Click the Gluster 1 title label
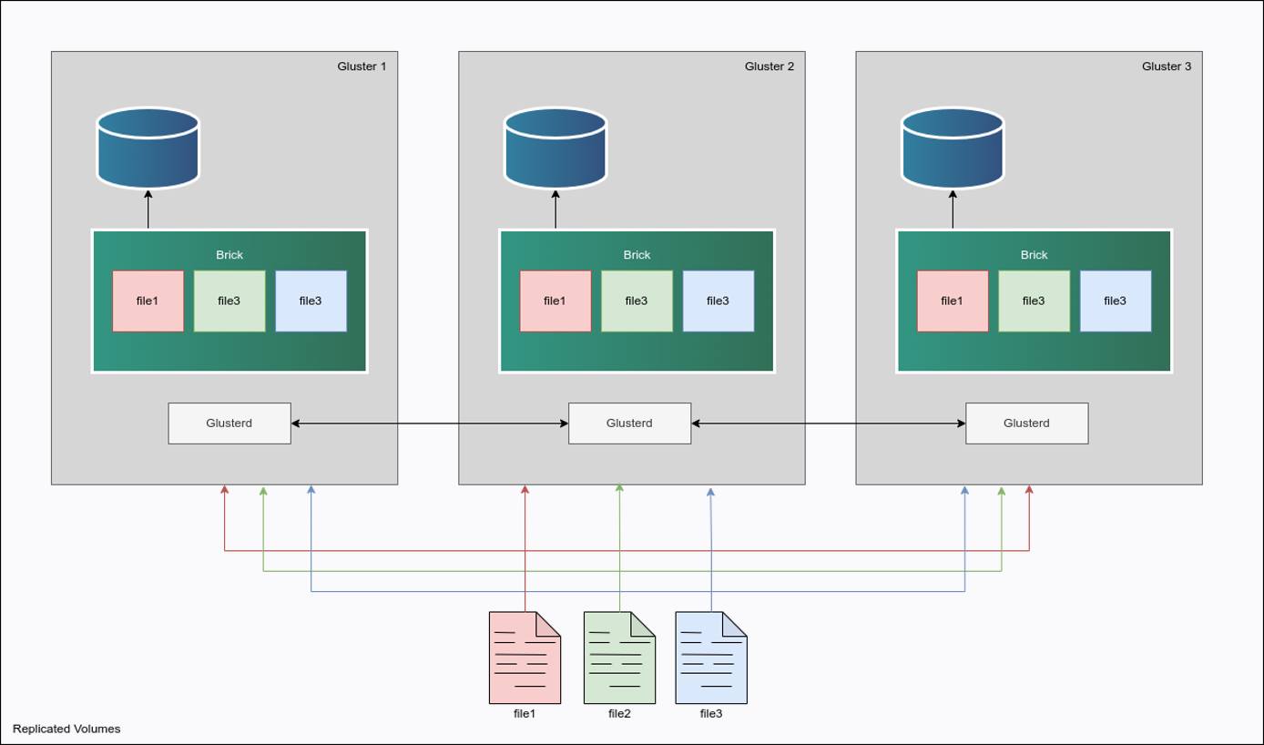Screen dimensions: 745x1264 (x=362, y=66)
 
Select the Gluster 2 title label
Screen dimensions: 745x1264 (x=769, y=66)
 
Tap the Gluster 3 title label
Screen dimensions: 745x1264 (x=1166, y=66)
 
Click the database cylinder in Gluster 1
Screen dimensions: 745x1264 (x=148, y=148)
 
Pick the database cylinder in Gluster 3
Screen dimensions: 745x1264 (x=953, y=148)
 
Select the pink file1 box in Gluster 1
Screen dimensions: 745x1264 (x=148, y=301)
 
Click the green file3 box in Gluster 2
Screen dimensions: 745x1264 (x=637, y=301)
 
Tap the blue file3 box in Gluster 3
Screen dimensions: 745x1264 (x=1115, y=301)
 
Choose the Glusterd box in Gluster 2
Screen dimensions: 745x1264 (x=629, y=424)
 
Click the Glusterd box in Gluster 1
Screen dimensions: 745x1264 (x=229, y=424)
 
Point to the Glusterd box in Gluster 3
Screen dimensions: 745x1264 (x=1026, y=424)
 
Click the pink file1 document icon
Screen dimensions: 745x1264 (x=525, y=658)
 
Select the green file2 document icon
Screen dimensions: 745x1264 (x=619, y=658)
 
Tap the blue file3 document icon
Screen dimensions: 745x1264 (x=710, y=658)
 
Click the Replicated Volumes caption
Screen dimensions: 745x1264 (x=66, y=729)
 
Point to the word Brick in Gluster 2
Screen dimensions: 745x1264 (x=637, y=255)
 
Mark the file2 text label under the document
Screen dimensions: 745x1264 (x=619, y=713)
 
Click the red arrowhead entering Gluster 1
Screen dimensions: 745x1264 (x=225, y=490)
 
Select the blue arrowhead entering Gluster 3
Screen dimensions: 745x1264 (x=964, y=490)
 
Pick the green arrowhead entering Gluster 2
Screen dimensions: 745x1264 (x=619, y=489)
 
